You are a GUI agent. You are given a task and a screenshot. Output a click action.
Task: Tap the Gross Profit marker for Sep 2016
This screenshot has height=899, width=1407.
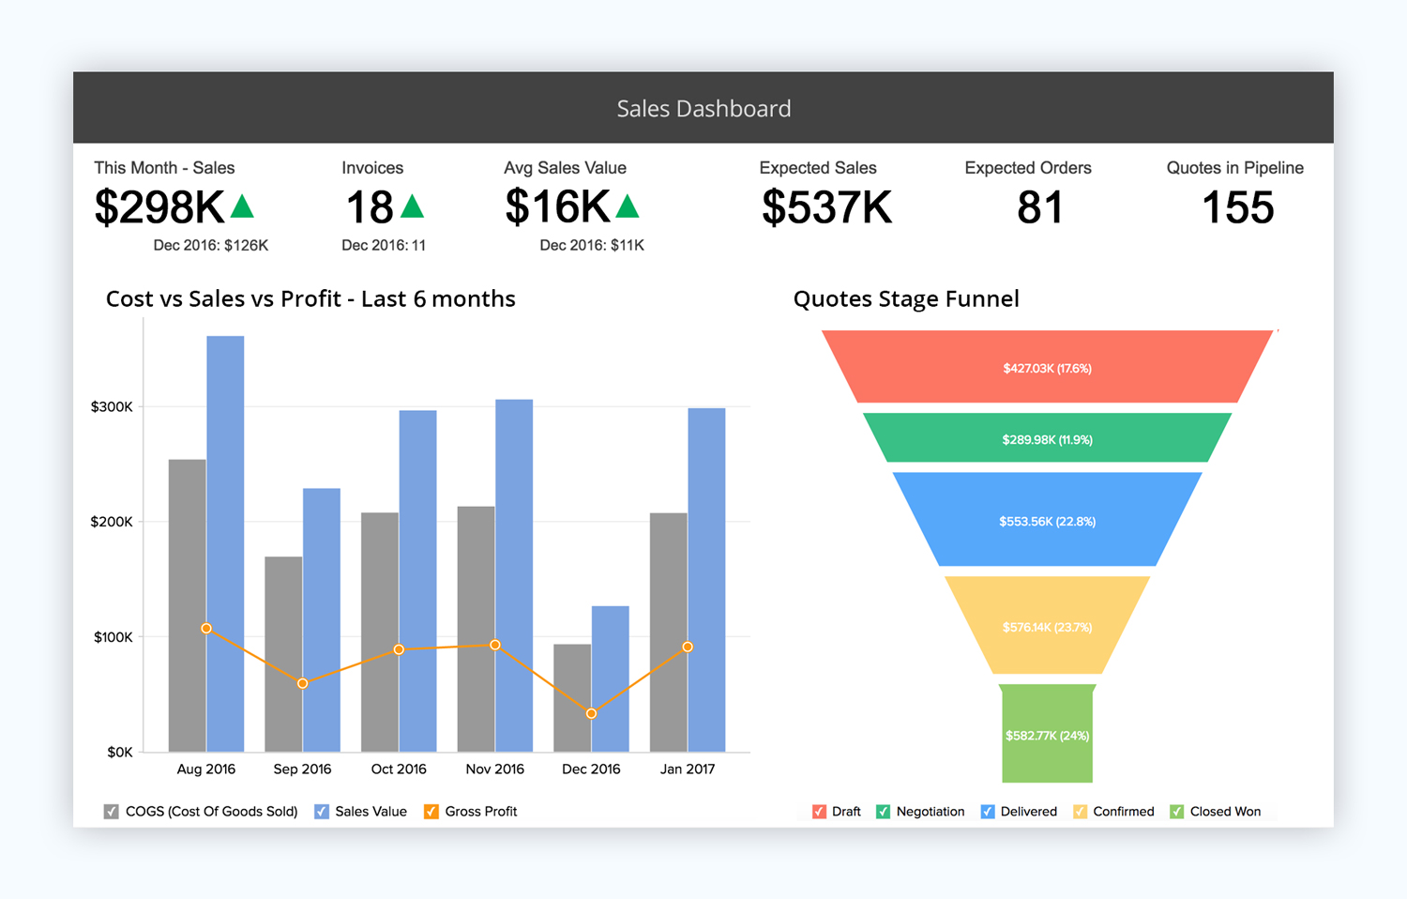302,683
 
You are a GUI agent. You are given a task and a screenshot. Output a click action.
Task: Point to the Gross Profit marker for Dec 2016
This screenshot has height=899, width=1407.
591,714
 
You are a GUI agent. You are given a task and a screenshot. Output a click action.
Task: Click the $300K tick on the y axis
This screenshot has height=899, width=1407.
112,406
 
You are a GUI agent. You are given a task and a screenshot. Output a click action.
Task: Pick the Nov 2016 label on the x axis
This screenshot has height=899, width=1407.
494,769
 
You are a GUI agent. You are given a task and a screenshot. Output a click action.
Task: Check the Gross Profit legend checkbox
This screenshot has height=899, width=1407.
431,812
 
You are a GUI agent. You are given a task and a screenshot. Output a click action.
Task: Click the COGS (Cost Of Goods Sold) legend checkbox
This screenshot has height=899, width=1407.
112,812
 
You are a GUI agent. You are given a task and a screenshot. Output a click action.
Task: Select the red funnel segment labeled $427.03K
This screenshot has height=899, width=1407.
1047,367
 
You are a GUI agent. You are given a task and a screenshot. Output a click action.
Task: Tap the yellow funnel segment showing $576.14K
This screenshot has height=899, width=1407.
1047,626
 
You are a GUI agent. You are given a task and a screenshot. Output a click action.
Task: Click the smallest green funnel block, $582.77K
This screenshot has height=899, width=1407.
1047,735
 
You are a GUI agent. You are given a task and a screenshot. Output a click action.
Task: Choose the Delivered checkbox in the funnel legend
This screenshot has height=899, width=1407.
988,812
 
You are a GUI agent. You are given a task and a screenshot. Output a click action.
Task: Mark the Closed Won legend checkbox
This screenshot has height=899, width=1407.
1177,812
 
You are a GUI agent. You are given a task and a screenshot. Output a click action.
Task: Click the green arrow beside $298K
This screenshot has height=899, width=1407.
243,206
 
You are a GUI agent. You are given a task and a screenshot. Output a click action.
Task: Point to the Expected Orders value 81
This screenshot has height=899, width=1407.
1040,207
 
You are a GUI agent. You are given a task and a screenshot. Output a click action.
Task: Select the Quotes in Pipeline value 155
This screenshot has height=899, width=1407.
1237,207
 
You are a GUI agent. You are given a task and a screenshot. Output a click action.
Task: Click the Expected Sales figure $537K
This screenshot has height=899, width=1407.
826,207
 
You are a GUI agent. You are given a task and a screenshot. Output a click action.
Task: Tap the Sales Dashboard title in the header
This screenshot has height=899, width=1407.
703,109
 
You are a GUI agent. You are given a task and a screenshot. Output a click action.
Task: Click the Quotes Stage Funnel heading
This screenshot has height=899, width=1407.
906,298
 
